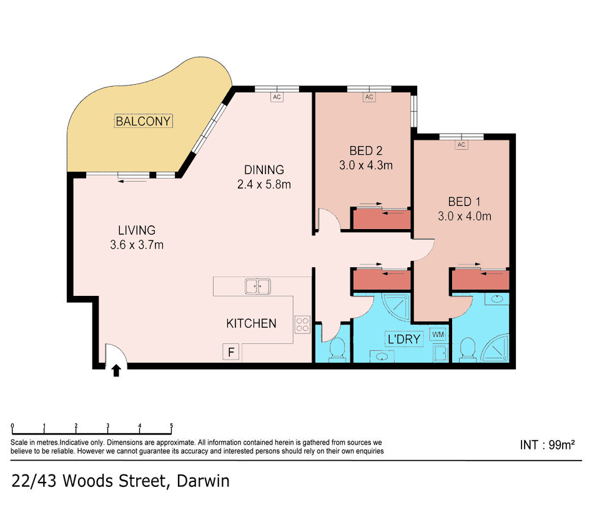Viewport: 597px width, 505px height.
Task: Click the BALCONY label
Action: pyautogui.click(x=143, y=121)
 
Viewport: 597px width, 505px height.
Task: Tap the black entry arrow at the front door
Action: pyautogui.click(x=117, y=371)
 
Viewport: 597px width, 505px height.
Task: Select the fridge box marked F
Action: pyautogui.click(x=230, y=352)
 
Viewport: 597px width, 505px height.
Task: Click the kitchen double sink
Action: pyautogui.click(x=258, y=287)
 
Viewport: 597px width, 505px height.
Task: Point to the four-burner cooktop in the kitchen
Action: pyautogui.click(x=302, y=325)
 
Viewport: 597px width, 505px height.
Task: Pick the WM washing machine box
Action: pyautogui.click(x=438, y=335)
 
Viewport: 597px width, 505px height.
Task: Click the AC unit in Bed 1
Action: pyautogui.click(x=461, y=145)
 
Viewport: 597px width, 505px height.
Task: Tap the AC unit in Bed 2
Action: pyautogui.click(x=369, y=97)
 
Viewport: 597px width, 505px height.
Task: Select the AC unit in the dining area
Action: pyautogui.click(x=277, y=97)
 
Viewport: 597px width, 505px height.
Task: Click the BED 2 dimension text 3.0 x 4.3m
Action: pyautogui.click(x=366, y=165)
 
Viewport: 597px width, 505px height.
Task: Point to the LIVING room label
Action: pyautogui.click(x=137, y=230)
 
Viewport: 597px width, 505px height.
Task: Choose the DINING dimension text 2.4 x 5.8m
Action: pyautogui.click(x=264, y=184)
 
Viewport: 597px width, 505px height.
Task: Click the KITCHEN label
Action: pyautogui.click(x=251, y=323)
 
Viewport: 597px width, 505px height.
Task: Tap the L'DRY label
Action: pyautogui.click(x=404, y=339)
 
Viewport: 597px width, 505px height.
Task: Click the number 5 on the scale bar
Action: pyautogui.click(x=171, y=426)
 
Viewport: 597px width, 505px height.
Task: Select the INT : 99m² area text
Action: pyautogui.click(x=547, y=444)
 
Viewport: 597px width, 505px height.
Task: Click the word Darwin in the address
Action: pyautogui.click(x=204, y=481)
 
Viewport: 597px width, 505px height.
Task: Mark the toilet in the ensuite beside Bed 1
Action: pyautogui.click(x=468, y=350)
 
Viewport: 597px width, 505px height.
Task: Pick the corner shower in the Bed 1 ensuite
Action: pyautogui.click(x=495, y=348)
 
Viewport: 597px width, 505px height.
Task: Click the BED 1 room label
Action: pyautogui.click(x=464, y=202)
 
